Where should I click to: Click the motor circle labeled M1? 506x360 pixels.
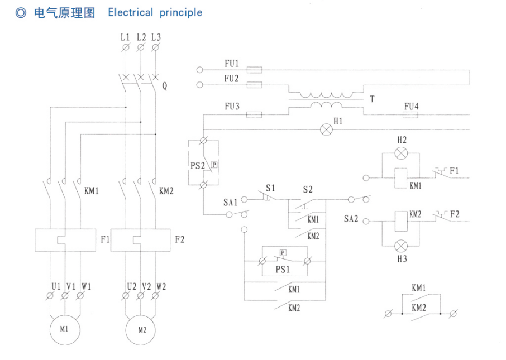pyautogui.click(x=64, y=329)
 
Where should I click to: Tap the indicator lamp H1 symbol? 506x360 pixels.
pyautogui.click(x=326, y=129)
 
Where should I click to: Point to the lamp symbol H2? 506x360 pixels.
pyautogui.click(x=401, y=153)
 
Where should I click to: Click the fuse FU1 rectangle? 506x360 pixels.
pyautogui.click(x=255, y=70)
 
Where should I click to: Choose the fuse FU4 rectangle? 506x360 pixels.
pyautogui.click(x=410, y=115)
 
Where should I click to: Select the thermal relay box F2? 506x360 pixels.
pyautogui.click(x=140, y=241)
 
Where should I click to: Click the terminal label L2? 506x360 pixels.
pyautogui.click(x=141, y=37)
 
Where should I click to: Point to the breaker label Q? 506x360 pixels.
pyautogui.click(x=164, y=87)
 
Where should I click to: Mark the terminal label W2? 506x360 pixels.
pyautogui.click(x=161, y=286)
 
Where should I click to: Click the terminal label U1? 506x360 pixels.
pyautogui.click(x=55, y=286)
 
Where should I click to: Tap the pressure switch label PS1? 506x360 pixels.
pyautogui.click(x=284, y=269)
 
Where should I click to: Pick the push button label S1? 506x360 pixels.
pyautogui.click(x=270, y=189)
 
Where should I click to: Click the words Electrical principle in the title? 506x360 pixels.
pyautogui.click(x=155, y=12)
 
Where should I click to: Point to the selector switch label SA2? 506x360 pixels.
pyautogui.click(x=351, y=218)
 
